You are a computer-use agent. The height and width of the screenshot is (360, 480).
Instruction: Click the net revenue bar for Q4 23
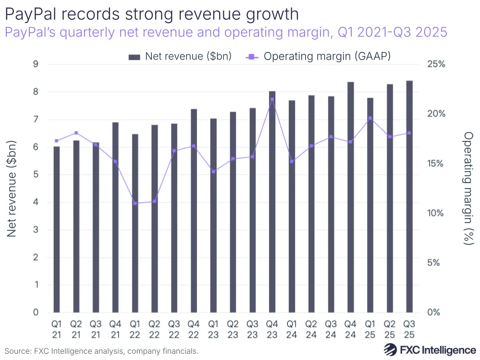[272, 202]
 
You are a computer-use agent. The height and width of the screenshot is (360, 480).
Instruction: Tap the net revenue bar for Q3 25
[409, 197]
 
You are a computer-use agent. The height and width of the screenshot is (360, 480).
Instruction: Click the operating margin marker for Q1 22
[135, 203]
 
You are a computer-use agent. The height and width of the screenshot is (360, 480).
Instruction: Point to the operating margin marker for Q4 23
[272, 99]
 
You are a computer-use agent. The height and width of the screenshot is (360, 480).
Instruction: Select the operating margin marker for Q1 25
[370, 118]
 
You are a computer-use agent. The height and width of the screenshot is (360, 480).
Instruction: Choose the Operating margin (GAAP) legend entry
[318, 56]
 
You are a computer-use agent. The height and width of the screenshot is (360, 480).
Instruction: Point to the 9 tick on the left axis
[36, 64]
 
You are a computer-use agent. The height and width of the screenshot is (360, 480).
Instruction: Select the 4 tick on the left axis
[36, 202]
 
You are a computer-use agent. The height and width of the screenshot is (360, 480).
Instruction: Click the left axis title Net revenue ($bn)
[12, 188]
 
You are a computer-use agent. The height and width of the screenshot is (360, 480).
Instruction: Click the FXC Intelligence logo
[430, 350]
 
